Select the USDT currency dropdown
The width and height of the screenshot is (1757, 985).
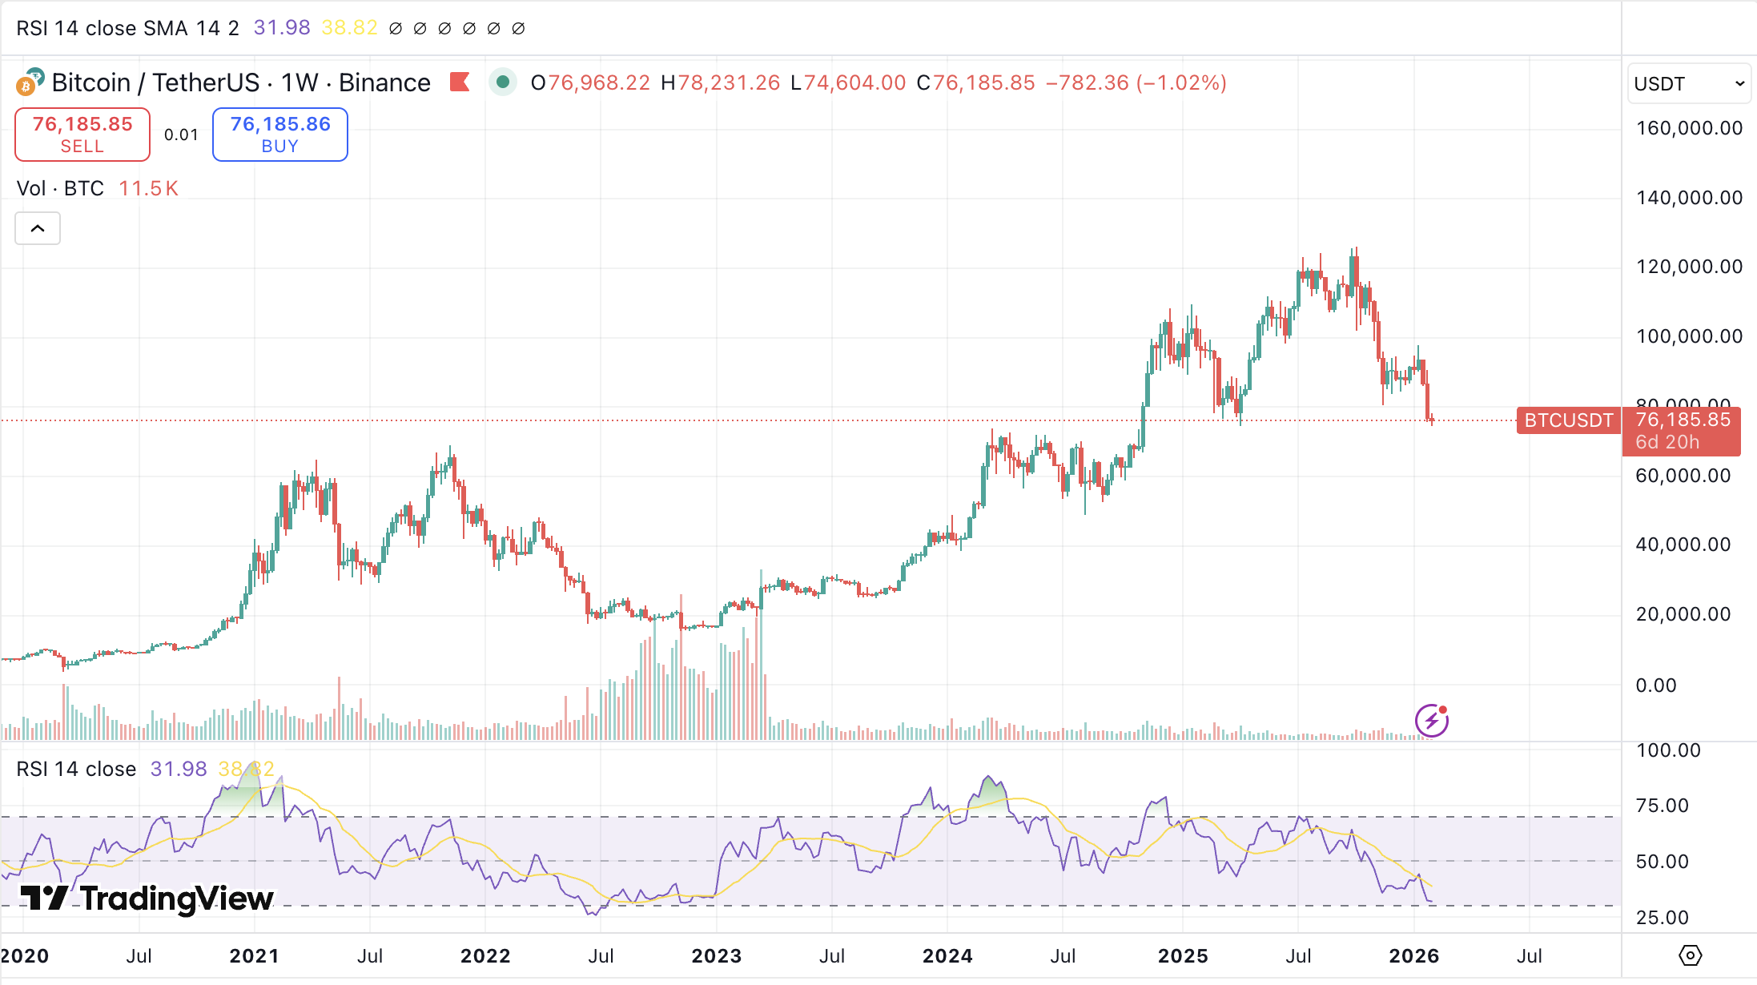[1688, 84]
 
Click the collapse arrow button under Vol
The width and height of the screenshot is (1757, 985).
[38, 229]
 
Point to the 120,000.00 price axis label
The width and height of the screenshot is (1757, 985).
[1689, 267]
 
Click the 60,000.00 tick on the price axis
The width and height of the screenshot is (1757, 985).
[1683, 476]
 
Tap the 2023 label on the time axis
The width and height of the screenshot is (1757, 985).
[716, 956]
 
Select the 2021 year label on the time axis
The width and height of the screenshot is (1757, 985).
[254, 956]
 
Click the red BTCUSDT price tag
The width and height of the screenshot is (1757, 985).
[1568, 420]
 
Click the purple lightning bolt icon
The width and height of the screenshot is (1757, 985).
[1431, 721]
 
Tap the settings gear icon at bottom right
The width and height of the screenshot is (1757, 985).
[1690, 955]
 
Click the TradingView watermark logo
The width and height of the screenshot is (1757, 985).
[147, 899]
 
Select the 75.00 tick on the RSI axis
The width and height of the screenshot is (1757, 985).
[1662, 806]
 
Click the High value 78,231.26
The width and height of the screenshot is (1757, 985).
[729, 83]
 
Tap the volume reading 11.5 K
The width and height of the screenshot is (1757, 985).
[148, 189]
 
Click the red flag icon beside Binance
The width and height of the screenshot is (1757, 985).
[460, 82]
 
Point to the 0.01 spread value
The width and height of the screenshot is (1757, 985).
[181, 135]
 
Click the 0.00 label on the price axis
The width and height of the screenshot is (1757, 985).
[1655, 685]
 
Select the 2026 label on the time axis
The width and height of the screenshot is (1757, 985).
[1413, 956]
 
